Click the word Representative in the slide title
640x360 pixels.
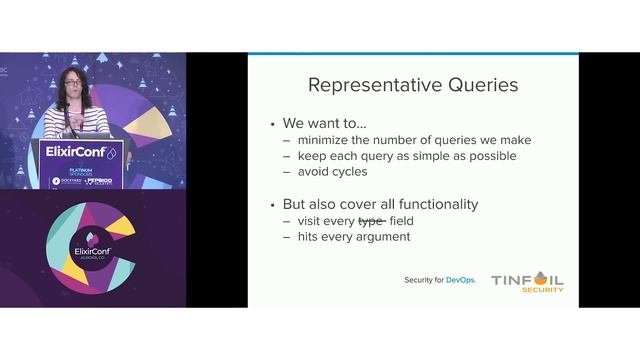(369, 85)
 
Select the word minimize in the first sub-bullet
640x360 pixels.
(326, 140)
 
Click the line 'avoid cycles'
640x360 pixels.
(330, 172)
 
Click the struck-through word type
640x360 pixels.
(372, 220)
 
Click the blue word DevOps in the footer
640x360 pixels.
(459, 280)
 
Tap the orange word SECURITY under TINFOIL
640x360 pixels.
(543, 290)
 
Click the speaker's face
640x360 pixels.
(73, 83)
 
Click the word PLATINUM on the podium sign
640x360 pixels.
(67, 170)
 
